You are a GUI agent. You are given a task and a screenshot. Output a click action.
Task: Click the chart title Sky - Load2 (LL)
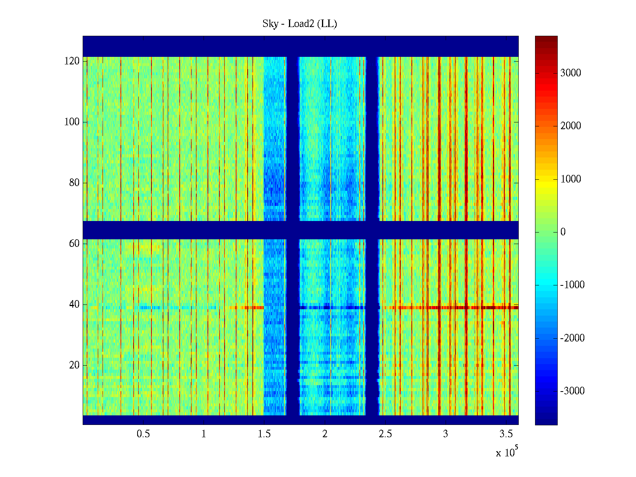[300, 24]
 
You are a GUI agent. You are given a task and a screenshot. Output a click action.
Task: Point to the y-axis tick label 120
[72, 61]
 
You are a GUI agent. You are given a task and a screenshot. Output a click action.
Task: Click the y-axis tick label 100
[72, 122]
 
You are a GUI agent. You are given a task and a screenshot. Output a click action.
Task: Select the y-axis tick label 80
[74, 183]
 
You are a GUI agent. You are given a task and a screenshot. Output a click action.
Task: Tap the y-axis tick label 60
[74, 243]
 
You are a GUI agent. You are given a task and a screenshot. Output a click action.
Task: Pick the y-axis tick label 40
[74, 304]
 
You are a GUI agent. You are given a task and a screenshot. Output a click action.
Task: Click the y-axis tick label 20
[74, 365]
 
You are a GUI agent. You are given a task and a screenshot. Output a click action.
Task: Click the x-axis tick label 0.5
[143, 434]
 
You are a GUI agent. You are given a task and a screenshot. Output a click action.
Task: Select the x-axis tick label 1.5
[264, 434]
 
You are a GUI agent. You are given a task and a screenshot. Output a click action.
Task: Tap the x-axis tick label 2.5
[385, 434]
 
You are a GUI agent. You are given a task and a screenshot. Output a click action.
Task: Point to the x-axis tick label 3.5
[506, 434]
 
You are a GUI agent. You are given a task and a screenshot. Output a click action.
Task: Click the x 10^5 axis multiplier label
[507, 452]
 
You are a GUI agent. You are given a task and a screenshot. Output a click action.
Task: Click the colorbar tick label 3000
[570, 73]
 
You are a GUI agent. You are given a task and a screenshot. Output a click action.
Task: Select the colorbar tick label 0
[563, 232]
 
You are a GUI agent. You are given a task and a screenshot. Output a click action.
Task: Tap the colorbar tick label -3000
[572, 391]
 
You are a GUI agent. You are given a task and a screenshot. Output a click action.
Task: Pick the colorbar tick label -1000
[572, 285]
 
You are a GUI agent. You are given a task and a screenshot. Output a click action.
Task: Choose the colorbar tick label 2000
[570, 126]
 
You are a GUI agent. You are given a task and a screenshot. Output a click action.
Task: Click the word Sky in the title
[270, 24]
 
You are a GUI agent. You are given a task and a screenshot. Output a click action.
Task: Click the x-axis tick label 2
[325, 434]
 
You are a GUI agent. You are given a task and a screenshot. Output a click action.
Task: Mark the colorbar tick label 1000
[570, 179]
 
